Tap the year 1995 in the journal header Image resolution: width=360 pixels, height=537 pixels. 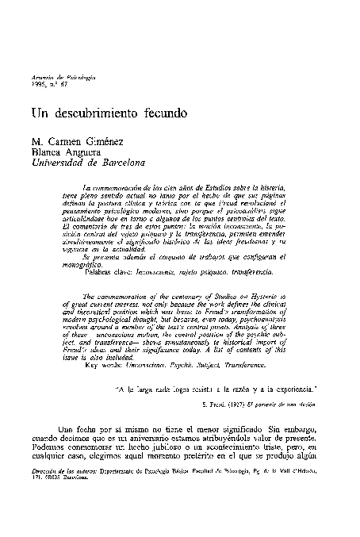click(x=36, y=82)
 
